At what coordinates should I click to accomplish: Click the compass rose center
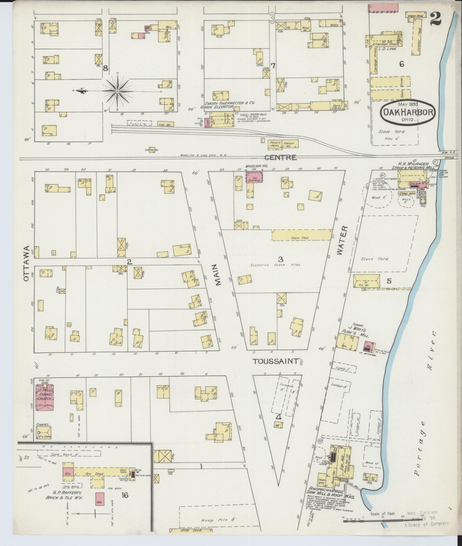click(x=117, y=91)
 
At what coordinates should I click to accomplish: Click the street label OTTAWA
click(x=26, y=264)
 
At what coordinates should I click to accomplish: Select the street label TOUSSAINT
click(x=276, y=361)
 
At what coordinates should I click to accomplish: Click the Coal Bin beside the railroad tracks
click(x=165, y=124)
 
